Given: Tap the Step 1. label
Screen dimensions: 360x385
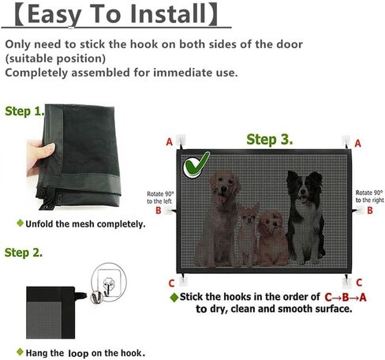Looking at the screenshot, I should [x=24, y=111].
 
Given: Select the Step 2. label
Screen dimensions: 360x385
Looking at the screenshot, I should [x=24, y=253].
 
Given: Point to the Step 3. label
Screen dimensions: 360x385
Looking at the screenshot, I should [x=269, y=140].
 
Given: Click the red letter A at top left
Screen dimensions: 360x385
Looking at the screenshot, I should [x=168, y=143].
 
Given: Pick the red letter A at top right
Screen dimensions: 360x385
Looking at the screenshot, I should [x=357, y=144].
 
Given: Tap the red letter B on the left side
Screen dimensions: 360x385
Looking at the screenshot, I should [x=158, y=211].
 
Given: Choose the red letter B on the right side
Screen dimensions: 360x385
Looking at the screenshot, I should [x=368, y=211].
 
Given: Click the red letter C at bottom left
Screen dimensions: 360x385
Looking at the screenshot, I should [x=171, y=283].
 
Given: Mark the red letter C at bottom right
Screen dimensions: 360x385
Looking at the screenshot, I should [x=359, y=282].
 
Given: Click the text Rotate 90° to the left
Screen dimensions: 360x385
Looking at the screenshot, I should [x=159, y=197].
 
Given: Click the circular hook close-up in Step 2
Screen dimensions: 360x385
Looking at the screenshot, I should [x=104, y=283].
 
